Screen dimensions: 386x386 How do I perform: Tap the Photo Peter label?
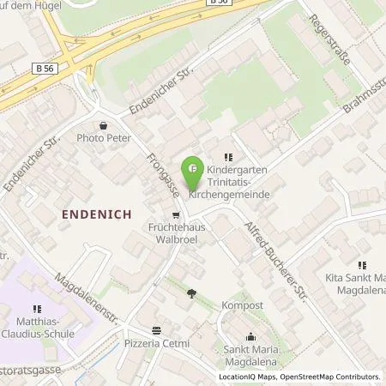[x=103, y=137]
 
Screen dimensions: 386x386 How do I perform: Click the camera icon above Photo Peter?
[x=103, y=124]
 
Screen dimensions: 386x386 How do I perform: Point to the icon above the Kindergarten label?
[x=227, y=157]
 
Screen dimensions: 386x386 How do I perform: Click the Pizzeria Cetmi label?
[x=156, y=343]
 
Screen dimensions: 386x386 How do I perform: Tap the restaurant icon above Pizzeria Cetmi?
[x=156, y=330]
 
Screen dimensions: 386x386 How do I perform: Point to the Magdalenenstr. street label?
[x=85, y=297]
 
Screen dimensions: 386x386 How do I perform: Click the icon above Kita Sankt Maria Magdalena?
[x=362, y=265]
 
